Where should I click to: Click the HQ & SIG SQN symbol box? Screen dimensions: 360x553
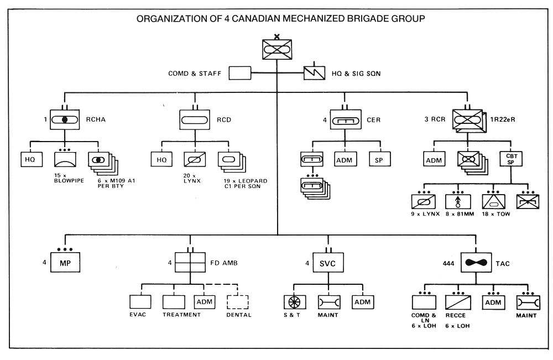point(317,73)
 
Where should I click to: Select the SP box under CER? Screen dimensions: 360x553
point(379,159)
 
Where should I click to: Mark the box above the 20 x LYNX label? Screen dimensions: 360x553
point(194,159)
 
